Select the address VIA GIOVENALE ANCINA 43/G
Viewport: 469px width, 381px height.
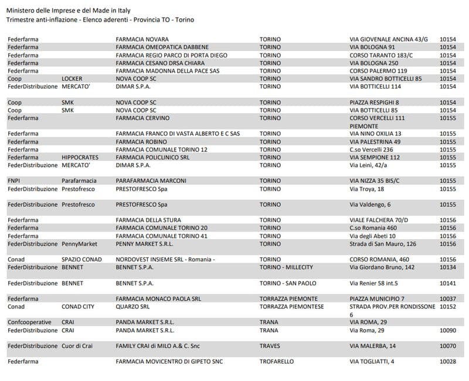[389, 40]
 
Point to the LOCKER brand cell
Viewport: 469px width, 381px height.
[72, 79]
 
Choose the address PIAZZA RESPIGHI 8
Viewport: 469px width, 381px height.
[376, 103]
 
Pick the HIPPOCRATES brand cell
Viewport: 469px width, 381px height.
[80, 158]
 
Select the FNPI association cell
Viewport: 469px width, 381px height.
[15, 181]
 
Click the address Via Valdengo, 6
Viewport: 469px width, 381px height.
[373, 205]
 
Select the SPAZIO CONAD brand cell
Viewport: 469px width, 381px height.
[81, 260]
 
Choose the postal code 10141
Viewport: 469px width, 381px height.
[448, 283]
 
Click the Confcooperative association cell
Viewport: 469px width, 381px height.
[29, 322]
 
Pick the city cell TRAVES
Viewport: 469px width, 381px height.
[270, 346]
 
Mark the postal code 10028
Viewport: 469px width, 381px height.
[448, 362]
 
